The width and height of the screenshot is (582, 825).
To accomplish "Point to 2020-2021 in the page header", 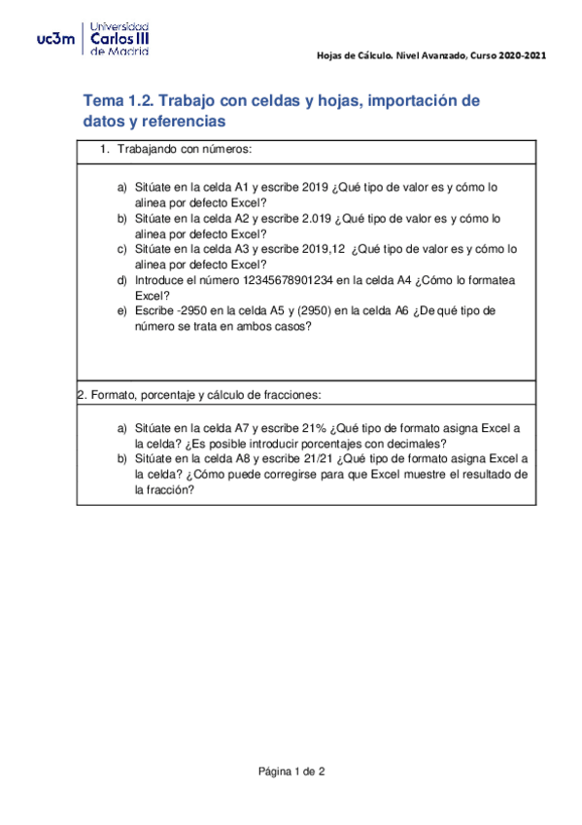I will point(523,55).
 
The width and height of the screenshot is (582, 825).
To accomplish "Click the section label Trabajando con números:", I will point(185,150).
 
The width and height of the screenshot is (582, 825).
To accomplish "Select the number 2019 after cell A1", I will point(318,188).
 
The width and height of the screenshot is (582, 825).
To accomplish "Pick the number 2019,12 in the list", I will point(325,249).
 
